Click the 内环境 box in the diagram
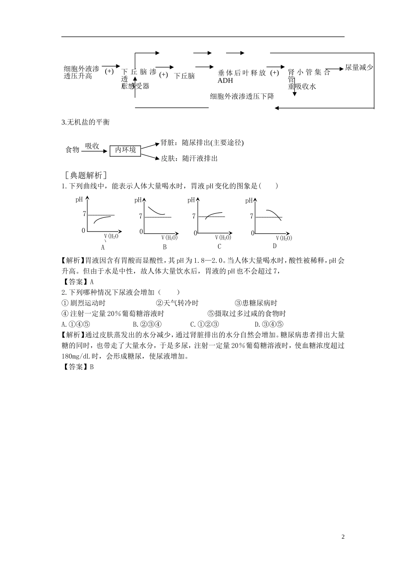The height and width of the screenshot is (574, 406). point(125,150)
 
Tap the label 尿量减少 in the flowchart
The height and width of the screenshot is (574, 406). point(359,67)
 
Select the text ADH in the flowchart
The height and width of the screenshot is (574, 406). point(225,81)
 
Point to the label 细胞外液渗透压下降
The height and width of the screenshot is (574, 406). point(242,97)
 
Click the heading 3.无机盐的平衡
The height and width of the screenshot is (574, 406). point(86,123)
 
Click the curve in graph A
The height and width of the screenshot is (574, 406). point(102,219)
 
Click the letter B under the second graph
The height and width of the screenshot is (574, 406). point(165,247)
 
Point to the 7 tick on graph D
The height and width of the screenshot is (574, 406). point(252,217)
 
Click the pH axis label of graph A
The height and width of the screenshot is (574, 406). point(79,199)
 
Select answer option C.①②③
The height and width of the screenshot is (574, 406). point(205,325)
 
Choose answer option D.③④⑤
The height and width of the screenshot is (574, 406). point(269,325)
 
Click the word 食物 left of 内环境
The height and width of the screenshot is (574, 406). point(72,150)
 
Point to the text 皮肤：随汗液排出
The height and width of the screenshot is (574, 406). point(189,158)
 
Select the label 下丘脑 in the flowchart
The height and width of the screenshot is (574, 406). point(185,76)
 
